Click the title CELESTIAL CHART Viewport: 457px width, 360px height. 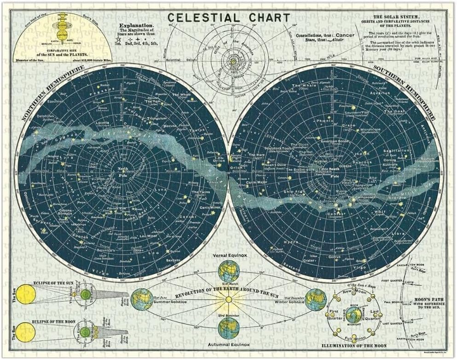tap(229, 18)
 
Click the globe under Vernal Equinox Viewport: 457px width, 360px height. tap(229, 271)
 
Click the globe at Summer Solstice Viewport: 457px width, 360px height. tap(142, 299)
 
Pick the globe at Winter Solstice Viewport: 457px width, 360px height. tap(316, 299)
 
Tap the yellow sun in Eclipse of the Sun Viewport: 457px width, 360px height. tap(26, 294)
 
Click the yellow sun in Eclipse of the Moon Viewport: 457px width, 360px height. tap(26, 331)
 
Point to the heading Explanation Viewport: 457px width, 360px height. tap(137, 27)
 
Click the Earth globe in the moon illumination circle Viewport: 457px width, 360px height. tap(353, 314)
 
